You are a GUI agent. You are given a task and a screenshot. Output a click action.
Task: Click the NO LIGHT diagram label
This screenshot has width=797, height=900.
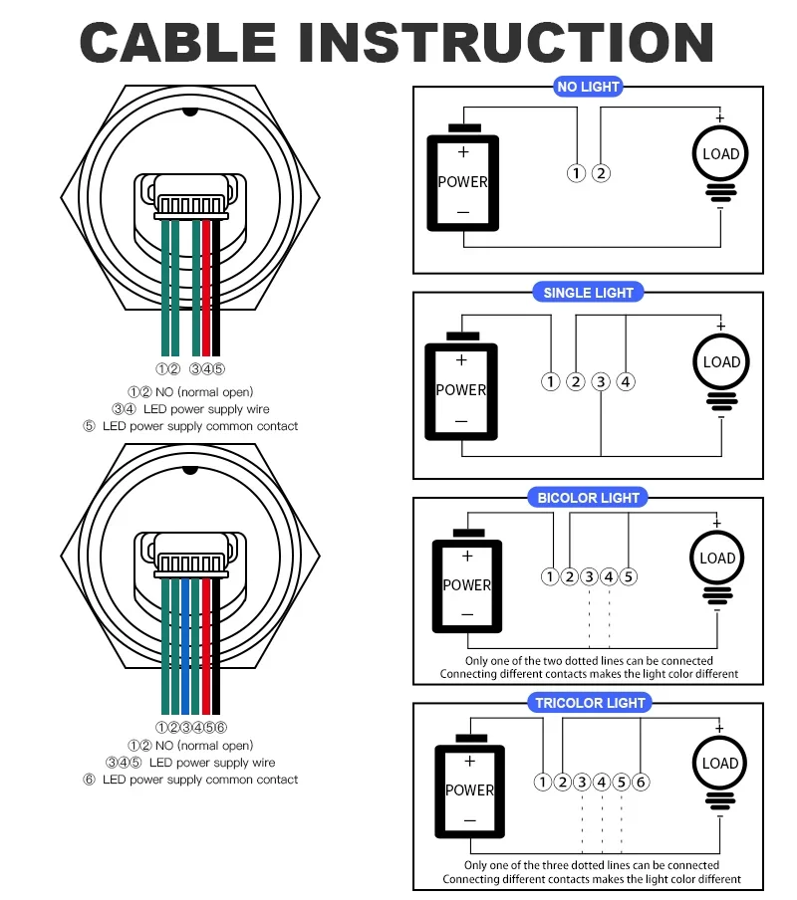coord(588,87)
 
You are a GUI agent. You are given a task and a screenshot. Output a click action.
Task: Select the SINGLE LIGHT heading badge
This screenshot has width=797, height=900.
coord(588,293)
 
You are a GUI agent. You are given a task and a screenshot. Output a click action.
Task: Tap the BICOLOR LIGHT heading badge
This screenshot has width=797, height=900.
coord(588,498)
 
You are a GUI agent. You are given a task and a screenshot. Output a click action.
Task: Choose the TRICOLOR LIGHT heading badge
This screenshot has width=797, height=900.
coord(590,703)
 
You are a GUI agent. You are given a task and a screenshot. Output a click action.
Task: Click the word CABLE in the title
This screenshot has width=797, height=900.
coord(178,43)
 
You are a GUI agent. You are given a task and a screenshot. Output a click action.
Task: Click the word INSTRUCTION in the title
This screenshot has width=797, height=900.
coord(506,43)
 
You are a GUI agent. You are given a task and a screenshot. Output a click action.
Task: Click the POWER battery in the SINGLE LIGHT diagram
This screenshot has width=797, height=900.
coord(461,388)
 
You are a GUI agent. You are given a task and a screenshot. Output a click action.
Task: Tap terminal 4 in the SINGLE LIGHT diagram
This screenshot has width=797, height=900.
coord(626,381)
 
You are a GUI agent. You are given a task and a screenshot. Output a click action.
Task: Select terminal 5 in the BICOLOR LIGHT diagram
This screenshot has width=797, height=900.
coord(629,576)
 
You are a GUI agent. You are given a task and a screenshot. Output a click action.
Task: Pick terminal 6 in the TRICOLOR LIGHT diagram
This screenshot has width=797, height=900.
coord(641,782)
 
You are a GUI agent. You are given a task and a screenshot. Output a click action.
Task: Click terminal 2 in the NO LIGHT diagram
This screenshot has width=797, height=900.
coord(601,173)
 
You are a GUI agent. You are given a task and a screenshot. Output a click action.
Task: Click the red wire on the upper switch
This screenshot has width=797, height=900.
coord(206,289)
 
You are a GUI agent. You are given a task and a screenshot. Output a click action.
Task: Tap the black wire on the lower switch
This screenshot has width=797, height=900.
coord(216,647)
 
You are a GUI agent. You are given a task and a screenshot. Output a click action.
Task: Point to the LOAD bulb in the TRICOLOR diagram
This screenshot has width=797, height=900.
coord(719,764)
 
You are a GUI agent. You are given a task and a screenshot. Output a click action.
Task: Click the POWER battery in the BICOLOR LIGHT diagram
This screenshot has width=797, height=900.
coord(467,585)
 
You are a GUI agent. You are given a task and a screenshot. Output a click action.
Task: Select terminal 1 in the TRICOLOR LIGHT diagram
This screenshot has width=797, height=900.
coord(542,782)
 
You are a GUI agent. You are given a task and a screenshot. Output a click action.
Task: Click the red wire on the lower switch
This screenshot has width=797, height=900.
coord(206,647)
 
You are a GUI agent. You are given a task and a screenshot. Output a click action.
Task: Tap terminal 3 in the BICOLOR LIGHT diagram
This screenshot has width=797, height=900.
coord(589,576)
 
